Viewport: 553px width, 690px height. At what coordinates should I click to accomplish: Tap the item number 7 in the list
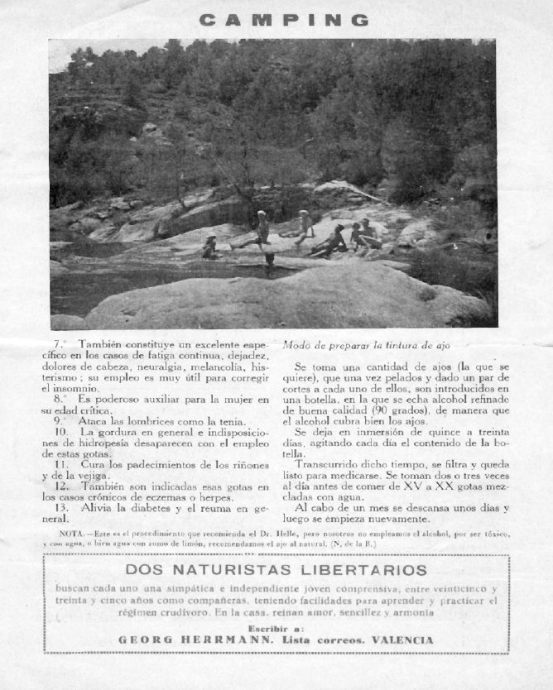click(57, 343)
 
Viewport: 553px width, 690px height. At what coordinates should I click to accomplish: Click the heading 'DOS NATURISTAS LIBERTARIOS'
click(276, 570)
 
